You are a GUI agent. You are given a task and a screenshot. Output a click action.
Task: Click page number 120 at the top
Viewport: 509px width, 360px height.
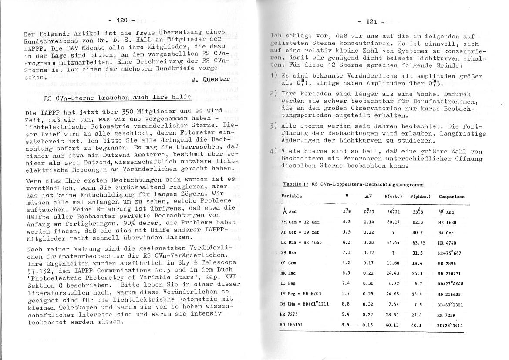pos(122,20)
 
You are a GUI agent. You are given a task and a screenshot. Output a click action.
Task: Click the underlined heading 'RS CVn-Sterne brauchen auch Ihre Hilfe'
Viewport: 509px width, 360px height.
pos(100,98)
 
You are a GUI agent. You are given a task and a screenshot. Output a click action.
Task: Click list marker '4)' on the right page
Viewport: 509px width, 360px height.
pos(273,152)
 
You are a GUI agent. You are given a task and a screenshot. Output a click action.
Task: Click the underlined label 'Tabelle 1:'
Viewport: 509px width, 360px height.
pos(295,184)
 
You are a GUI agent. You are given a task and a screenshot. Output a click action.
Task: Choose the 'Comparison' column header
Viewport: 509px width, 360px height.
pos(452,197)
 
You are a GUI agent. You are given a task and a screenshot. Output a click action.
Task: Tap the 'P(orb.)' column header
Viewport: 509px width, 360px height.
pos(393,197)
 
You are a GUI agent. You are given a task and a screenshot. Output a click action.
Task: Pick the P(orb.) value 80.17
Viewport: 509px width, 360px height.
pos(393,222)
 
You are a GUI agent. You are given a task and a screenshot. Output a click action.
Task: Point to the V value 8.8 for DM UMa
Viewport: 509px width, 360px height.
pos(346,304)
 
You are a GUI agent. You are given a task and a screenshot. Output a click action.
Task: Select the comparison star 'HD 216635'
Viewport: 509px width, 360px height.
pos(449,294)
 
